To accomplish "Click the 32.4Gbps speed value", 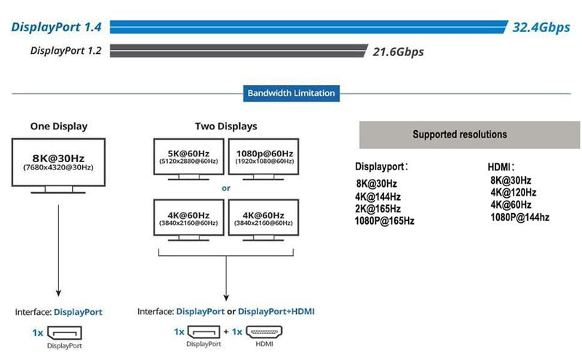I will [x=541, y=28].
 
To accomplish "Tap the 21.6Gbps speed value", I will [x=398, y=52].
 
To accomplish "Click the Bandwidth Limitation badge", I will [x=291, y=93].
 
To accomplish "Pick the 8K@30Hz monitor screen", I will [x=59, y=161].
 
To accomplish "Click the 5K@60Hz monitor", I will [x=188, y=157].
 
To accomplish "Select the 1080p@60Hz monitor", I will [x=263, y=157].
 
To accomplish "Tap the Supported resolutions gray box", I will [x=460, y=135].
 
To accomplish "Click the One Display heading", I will [x=59, y=126].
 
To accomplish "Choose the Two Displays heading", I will [x=226, y=126].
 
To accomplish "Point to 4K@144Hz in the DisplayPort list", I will [x=378, y=196].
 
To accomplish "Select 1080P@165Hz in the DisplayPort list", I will [x=384, y=220].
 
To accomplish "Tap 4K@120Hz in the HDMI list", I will [x=513, y=193].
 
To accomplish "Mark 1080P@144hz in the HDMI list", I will [x=519, y=217].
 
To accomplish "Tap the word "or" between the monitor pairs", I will [x=226, y=188].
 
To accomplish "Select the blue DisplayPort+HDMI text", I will [x=276, y=311].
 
